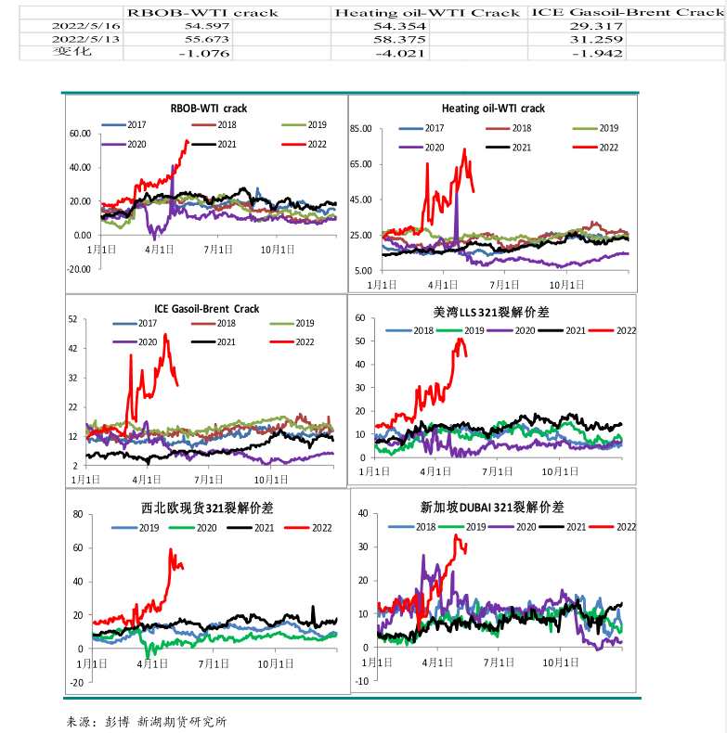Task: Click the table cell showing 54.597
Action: pos(201,27)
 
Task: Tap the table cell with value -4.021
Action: pos(398,54)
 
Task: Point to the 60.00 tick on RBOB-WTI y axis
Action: pos(80,134)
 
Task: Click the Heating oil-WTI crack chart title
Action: pos(493,109)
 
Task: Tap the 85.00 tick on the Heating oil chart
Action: pos(359,129)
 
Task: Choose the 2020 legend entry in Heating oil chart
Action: pos(422,148)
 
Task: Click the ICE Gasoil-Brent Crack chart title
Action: pos(206,308)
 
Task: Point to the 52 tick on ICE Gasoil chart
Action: pos(72,319)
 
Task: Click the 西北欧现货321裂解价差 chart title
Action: pos(206,508)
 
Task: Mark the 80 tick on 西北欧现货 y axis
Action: pos(78,514)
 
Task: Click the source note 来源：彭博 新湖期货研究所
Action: pos(147,720)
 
